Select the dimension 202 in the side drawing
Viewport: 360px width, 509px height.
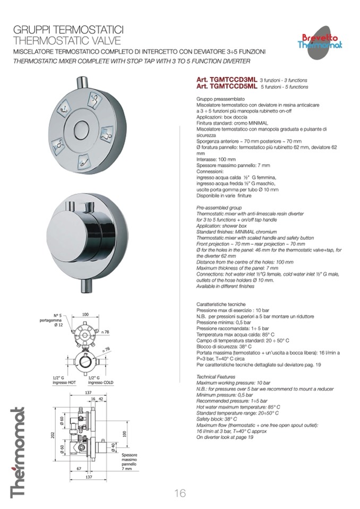tap(54, 435)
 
